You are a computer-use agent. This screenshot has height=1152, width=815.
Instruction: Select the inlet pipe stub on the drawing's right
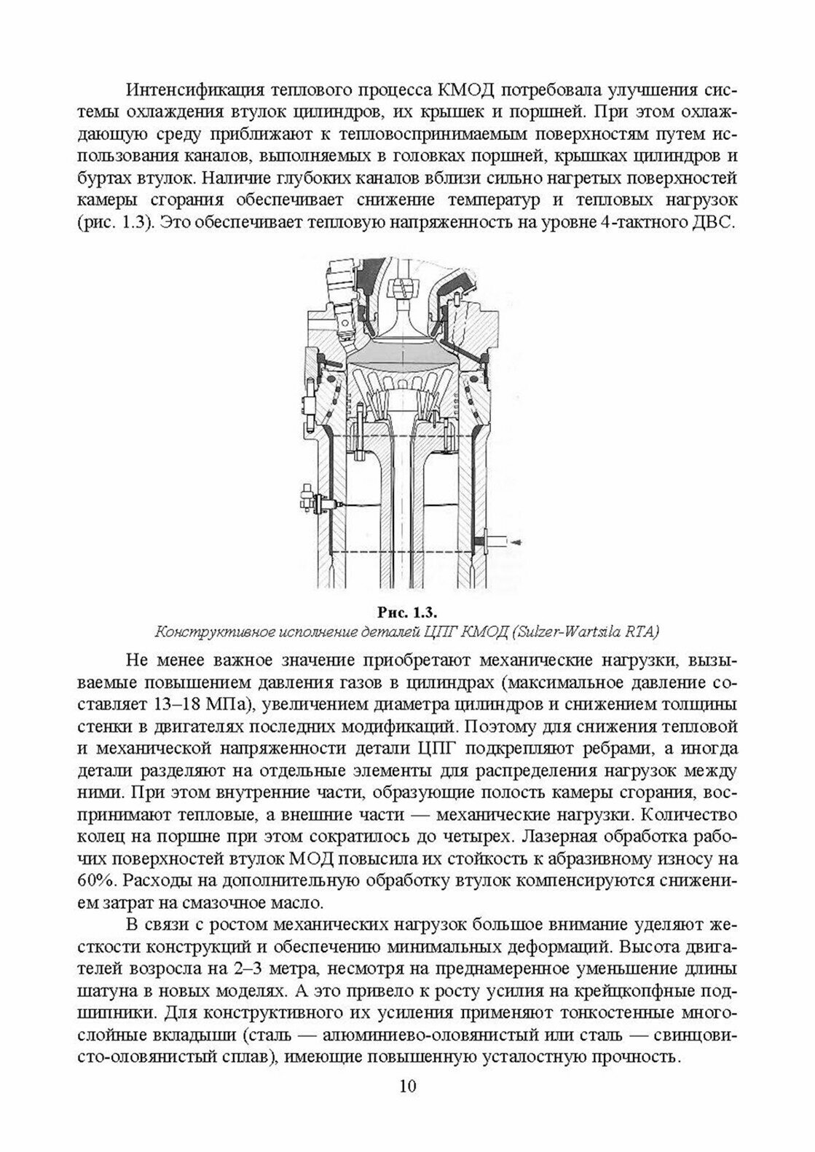(x=491, y=542)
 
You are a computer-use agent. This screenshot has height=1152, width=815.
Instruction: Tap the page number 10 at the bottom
(x=407, y=1107)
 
